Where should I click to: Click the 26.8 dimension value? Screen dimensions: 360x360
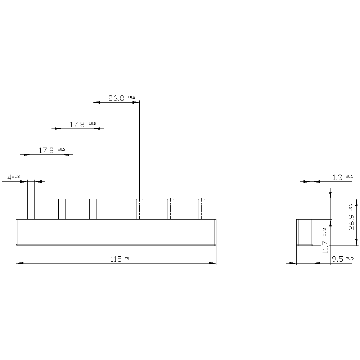tap(116, 98)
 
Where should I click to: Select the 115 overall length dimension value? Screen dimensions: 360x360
tap(116, 259)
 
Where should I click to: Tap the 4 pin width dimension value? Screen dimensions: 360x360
tap(9, 177)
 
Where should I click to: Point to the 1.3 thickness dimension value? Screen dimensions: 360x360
tap(337, 177)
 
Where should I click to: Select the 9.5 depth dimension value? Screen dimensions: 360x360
tap(337, 259)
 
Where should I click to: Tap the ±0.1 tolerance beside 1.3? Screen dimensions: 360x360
tap(349, 176)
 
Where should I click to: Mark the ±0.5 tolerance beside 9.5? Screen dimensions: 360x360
tap(349, 258)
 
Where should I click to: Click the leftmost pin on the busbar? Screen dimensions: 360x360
tap(31, 209)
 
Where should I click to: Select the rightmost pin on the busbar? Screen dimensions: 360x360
tap(202, 209)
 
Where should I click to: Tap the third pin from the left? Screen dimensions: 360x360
tap(93, 209)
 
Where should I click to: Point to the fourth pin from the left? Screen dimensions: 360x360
tap(139, 209)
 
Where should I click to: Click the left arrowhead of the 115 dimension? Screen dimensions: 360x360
tap(20, 263)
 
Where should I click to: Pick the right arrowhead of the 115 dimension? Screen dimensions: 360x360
tap(212, 263)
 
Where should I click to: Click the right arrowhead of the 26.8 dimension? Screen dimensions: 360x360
tap(136, 102)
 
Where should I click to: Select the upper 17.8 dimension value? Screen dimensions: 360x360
tap(77, 125)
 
